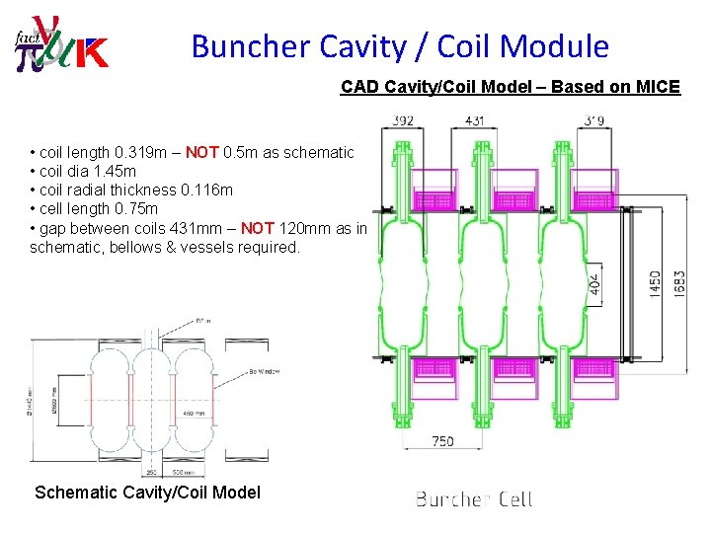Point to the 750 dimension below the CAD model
442,440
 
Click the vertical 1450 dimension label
657,283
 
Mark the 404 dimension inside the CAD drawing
593,287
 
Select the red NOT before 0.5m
202,152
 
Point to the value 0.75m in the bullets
133,209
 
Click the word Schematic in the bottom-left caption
76,492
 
